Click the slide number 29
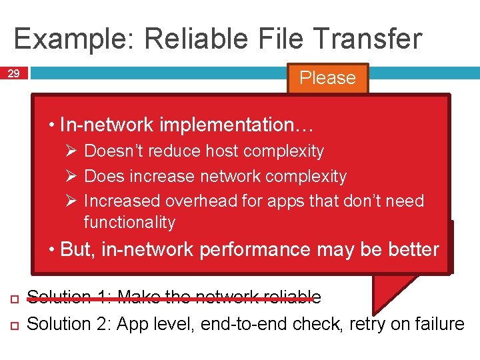click(x=13, y=74)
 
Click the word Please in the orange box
click(x=327, y=77)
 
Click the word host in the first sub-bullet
click(x=209, y=151)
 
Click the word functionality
click(x=129, y=222)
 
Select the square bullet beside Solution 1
click(x=13, y=297)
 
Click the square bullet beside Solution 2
click(x=13, y=325)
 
